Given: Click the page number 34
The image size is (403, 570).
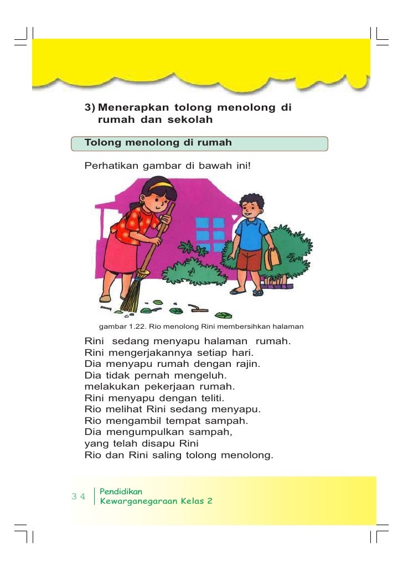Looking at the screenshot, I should coord(79,496).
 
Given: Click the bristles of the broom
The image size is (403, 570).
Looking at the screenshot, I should coord(132,296).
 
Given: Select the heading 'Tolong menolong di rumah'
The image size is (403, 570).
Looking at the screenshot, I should coord(158,143).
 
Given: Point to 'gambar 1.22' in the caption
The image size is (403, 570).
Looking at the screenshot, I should coord(120,327).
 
